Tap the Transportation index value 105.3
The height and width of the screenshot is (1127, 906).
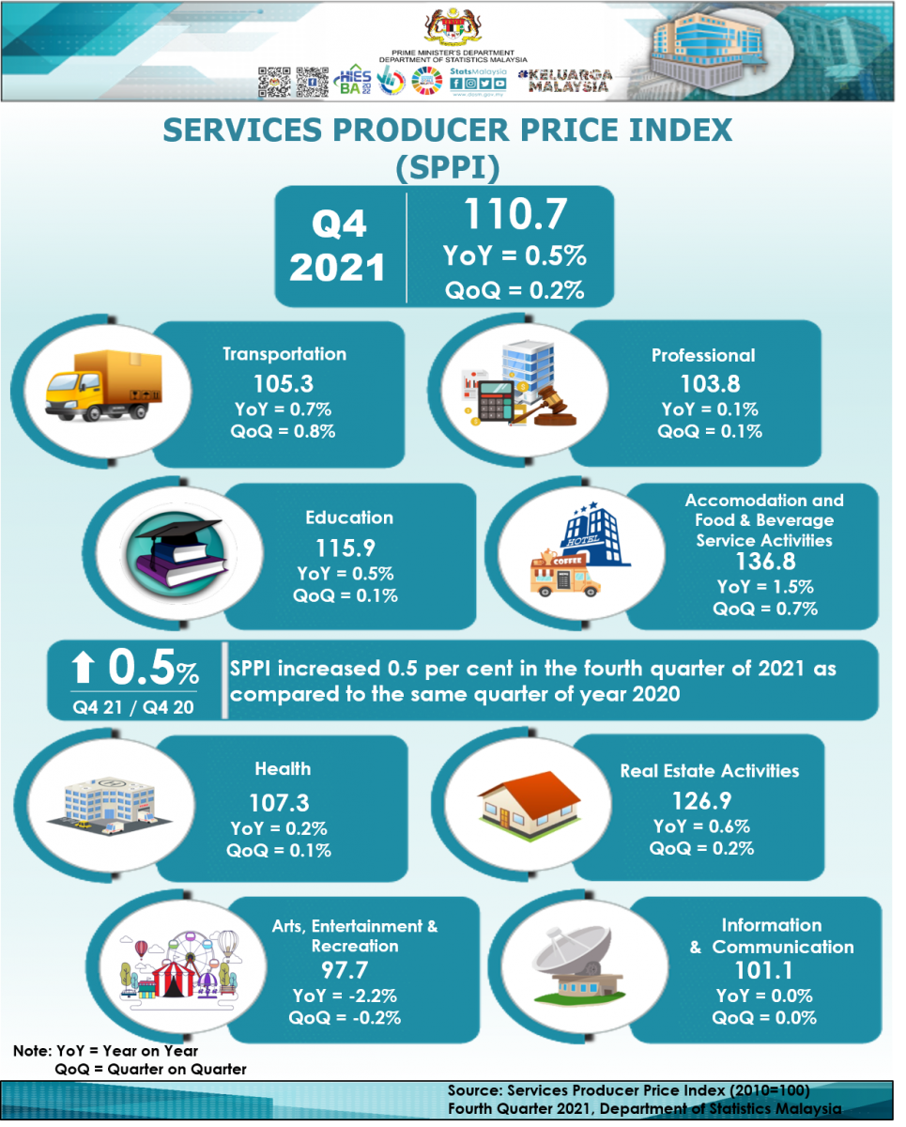click(284, 383)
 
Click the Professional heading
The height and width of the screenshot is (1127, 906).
click(702, 356)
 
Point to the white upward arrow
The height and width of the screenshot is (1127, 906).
click(84, 669)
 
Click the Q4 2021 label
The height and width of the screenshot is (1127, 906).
click(337, 246)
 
